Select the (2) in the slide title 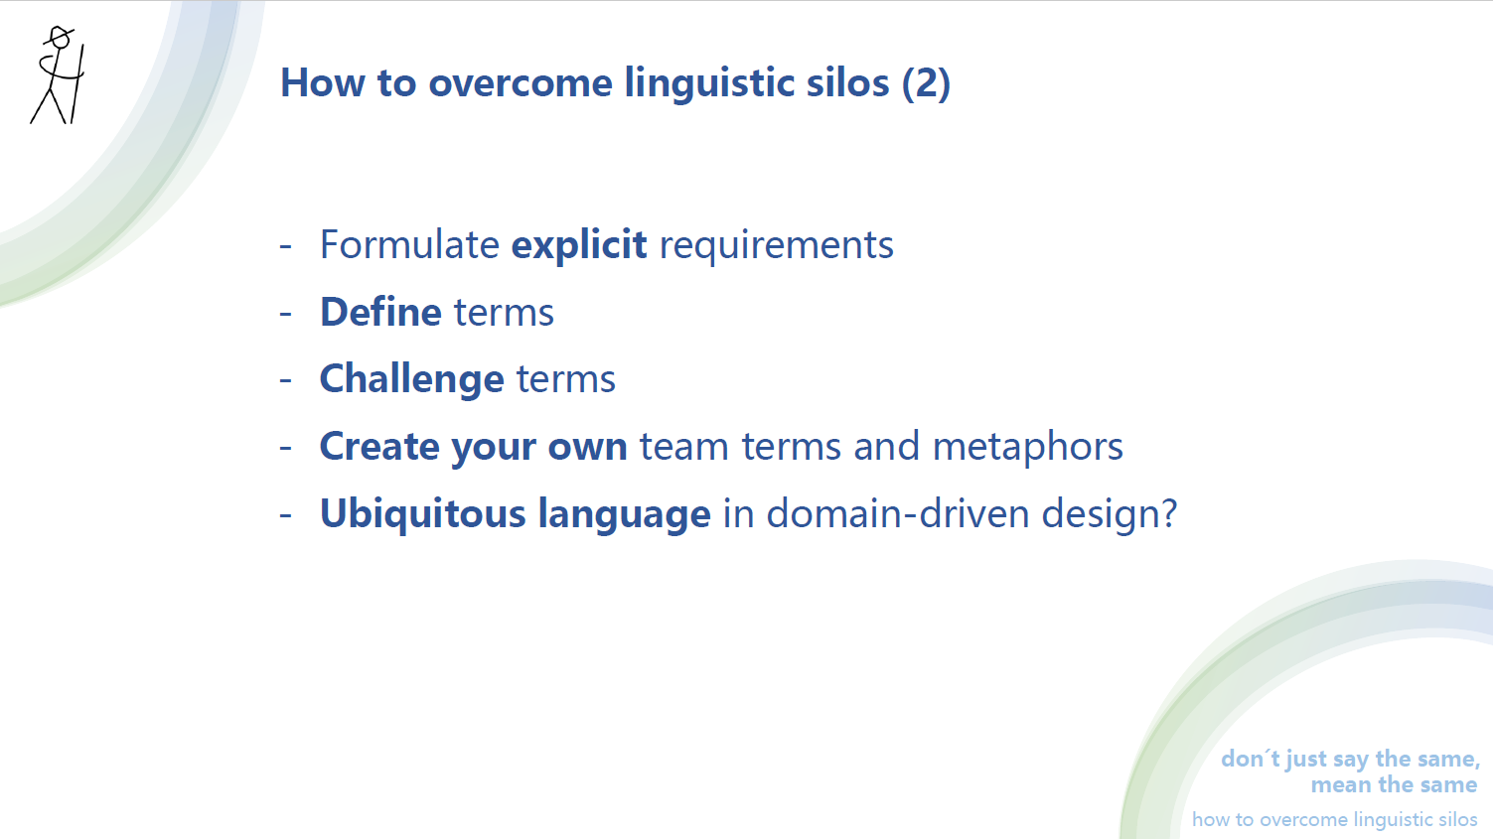click(x=926, y=82)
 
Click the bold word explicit click(x=579, y=245)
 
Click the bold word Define click(x=380, y=312)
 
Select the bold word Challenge click(x=411, y=380)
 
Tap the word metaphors click(x=1028, y=448)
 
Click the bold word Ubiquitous click(x=422, y=514)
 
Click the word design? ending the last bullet click(x=1109, y=515)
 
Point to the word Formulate click(x=409, y=245)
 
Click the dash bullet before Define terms click(x=286, y=314)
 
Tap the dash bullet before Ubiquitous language click(x=286, y=515)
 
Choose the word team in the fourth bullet click(x=684, y=447)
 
